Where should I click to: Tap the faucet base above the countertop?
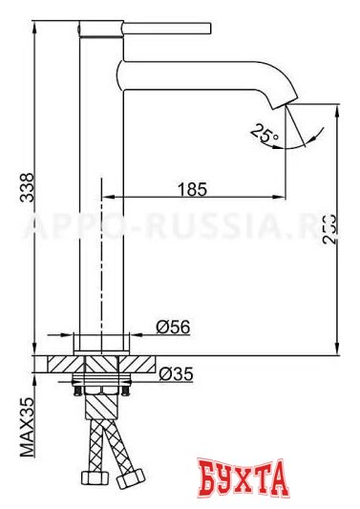pos(99,343)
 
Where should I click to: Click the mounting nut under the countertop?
pos(99,386)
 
